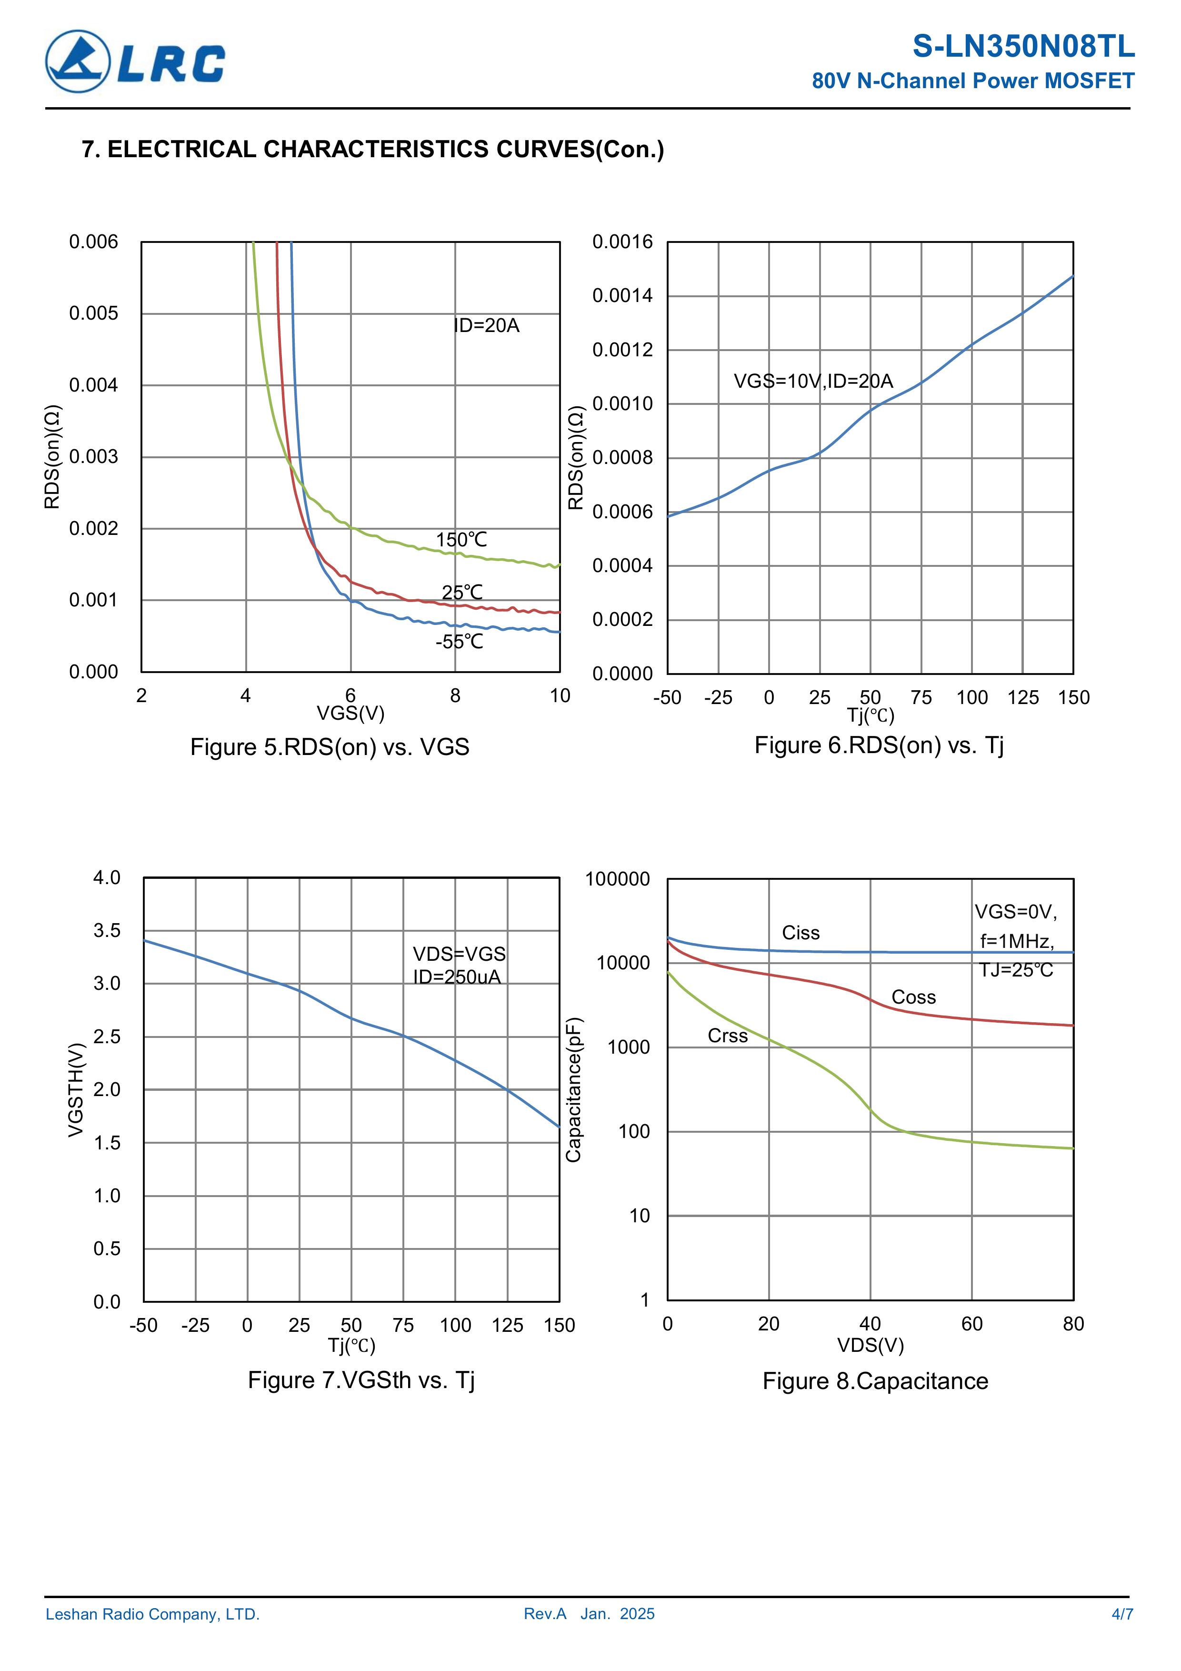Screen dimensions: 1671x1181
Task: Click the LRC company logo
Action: tap(135, 62)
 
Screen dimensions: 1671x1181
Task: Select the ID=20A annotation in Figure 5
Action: tap(487, 325)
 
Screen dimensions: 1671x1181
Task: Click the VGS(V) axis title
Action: tap(350, 713)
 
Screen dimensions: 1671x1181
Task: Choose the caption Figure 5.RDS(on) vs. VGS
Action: tap(330, 747)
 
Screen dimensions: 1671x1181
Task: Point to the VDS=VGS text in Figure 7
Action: tap(459, 954)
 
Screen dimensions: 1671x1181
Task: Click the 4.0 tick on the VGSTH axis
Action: tap(107, 878)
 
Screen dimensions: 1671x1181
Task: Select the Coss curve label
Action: tap(913, 997)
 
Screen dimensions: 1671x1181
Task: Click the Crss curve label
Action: tap(728, 1036)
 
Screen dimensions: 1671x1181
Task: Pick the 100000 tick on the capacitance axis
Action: tap(617, 879)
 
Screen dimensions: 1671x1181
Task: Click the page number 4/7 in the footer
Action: tap(1122, 1614)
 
